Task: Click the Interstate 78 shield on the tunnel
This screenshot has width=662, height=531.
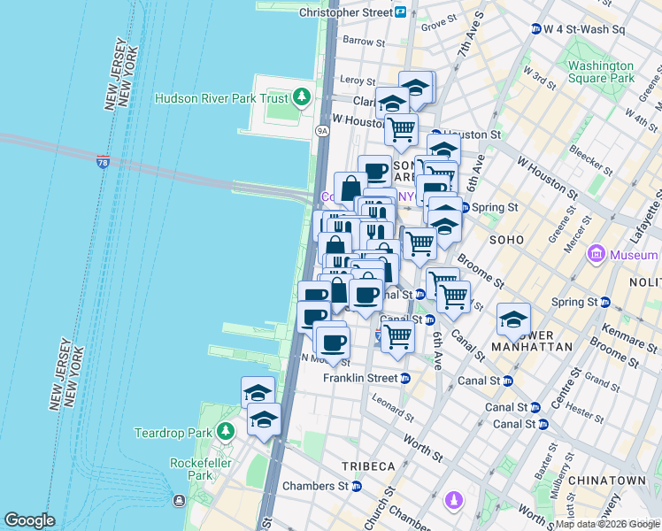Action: point(104,163)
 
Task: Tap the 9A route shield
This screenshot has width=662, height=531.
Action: point(322,130)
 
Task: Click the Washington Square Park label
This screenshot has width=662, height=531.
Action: point(601,72)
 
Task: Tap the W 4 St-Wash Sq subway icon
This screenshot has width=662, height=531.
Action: point(536,29)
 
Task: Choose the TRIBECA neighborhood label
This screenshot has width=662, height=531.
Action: point(369,466)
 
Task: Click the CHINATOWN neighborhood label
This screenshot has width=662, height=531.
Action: point(607,480)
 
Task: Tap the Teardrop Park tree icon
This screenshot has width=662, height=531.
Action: point(226,431)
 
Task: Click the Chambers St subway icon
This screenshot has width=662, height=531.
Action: point(357,486)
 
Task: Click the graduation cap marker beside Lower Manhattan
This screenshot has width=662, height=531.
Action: point(512,320)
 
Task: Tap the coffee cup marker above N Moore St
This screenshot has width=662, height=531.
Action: point(332,342)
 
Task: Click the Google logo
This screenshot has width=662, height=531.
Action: point(29,519)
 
